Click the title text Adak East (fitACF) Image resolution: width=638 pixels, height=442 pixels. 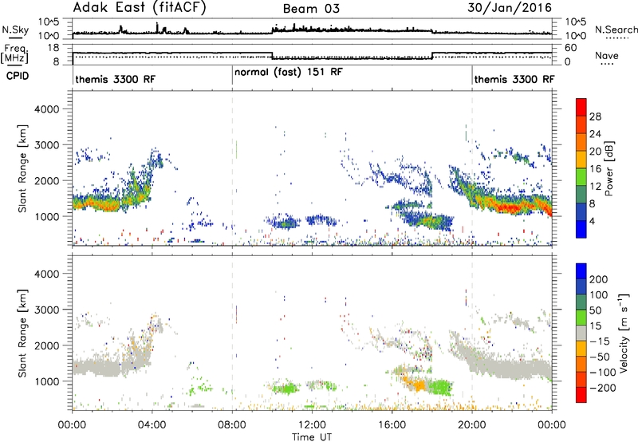tap(140, 8)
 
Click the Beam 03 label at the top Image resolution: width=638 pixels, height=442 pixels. tap(311, 9)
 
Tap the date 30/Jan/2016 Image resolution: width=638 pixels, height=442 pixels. tap(510, 8)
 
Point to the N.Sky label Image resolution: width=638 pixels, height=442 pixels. tap(15, 30)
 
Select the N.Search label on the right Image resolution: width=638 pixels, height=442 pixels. tap(616, 30)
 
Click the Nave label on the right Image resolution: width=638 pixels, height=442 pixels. tap(607, 56)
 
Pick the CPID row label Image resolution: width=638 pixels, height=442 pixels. tap(18, 76)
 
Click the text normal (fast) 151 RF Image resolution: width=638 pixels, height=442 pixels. tap(289, 73)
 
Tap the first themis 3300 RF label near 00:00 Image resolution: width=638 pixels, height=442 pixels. tap(115, 79)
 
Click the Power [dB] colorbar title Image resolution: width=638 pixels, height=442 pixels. tap(608, 168)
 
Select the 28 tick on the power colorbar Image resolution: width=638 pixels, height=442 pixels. tap(595, 116)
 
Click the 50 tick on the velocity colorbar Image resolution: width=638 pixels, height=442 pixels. tap(595, 310)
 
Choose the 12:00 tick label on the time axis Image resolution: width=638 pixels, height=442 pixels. tap(312, 425)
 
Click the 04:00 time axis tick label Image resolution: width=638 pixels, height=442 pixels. tap(152, 425)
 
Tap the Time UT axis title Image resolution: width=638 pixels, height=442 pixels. tap(312, 437)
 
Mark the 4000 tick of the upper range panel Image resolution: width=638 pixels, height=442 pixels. tap(46, 109)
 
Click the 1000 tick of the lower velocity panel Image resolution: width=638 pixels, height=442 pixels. tap(46, 381)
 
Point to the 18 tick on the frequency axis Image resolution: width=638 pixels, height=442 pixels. tap(53, 48)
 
